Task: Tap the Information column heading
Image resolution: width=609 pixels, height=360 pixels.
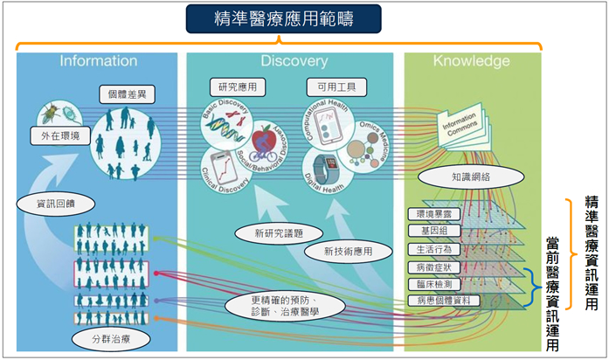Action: pyautogui.click(x=98, y=61)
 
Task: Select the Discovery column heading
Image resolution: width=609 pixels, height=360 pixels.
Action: pyautogui.click(x=294, y=61)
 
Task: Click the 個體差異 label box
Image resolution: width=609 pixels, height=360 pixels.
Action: pyautogui.click(x=126, y=93)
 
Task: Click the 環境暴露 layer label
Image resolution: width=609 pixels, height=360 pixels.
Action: pyautogui.click(x=433, y=214)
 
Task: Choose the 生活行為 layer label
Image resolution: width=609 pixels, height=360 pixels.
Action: pyautogui.click(x=433, y=248)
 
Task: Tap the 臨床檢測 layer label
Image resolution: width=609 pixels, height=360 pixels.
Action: pyautogui.click(x=433, y=284)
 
